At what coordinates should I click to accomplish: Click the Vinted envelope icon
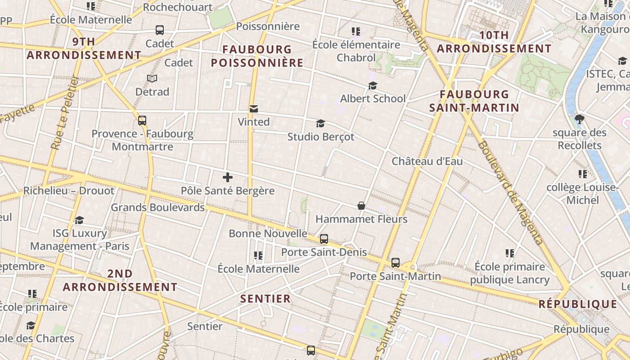(254, 108)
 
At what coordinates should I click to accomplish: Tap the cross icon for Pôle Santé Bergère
(228, 177)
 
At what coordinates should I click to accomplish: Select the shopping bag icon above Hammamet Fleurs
(361, 206)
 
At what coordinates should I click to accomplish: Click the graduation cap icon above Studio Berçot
(320, 123)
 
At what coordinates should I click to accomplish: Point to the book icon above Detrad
(152, 79)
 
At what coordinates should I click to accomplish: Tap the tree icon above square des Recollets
(579, 119)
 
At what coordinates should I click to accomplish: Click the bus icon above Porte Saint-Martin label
(396, 262)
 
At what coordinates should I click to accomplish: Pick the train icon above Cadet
(160, 30)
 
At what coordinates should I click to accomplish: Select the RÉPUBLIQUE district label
(578, 304)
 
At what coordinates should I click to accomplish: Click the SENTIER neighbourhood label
(265, 299)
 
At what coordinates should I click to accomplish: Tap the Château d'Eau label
(427, 161)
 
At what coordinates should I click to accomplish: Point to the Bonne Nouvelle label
(268, 234)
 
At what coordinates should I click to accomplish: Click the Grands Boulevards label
(157, 207)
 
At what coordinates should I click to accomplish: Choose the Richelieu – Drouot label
(69, 190)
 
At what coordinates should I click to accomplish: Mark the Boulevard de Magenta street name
(511, 193)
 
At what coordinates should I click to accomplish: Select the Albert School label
(373, 99)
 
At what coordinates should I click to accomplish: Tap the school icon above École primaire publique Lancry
(509, 253)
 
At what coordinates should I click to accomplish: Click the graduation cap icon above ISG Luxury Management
(80, 220)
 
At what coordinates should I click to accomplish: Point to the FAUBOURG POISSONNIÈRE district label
(257, 56)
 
